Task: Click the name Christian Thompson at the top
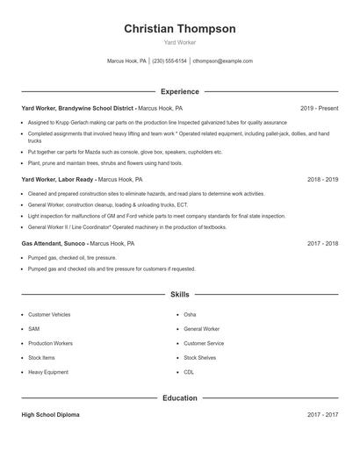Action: [x=179, y=29]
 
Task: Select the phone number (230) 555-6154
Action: [x=169, y=61]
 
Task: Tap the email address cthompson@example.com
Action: [x=222, y=61]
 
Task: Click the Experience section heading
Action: [x=179, y=91]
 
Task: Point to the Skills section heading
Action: [x=179, y=296]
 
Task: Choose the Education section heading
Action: [x=179, y=398]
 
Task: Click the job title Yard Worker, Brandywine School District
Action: [x=78, y=108]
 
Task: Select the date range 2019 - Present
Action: [x=319, y=108]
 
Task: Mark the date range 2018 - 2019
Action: [x=322, y=179]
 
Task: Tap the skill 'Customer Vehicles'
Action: [x=50, y=314]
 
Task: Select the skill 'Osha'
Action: [x=190, y=314]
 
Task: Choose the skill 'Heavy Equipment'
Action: [x=48, y=372]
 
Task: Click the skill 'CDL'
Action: [x=189, y=372]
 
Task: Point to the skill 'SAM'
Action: [x=33, y=329]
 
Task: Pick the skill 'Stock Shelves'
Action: [x=200, y=358]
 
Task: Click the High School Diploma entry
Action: [x=50, y=415]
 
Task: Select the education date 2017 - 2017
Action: [x=322, y=415]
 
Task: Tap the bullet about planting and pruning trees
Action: [x=105, y=162]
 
